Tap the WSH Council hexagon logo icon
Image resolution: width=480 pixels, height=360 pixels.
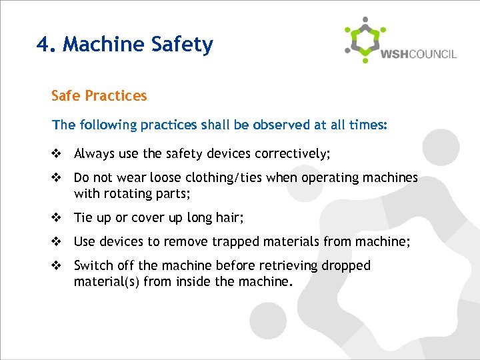(365, 40)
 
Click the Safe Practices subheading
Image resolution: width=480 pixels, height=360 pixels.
(99, 95)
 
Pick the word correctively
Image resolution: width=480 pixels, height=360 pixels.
(289, 154)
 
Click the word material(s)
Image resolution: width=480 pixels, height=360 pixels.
(105, 281)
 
